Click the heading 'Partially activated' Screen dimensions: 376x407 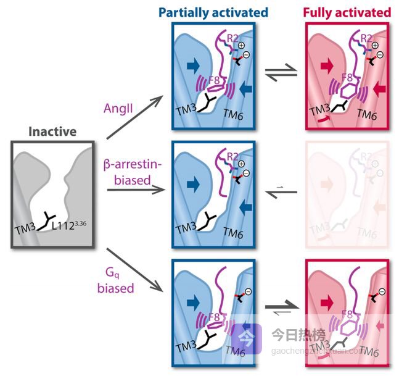coord(213,12)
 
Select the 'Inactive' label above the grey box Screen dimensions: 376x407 coord(52,132)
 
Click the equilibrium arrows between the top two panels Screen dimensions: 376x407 coord(280,72)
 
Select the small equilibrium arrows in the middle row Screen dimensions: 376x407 coord(280,190)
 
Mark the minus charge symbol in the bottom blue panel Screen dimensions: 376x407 coord(245,292)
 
